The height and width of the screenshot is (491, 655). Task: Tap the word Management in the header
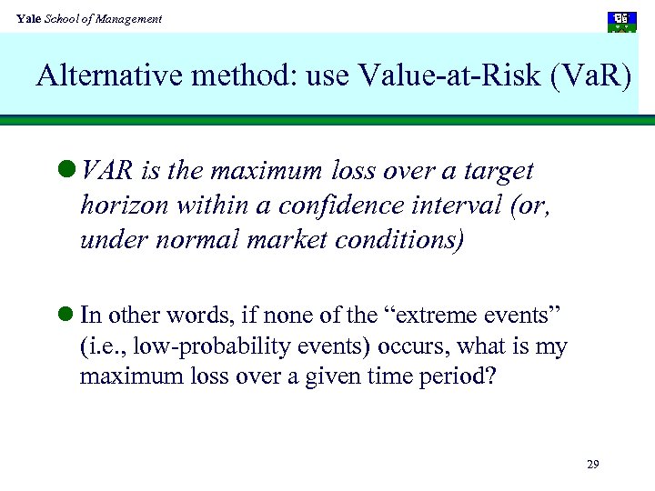tap(131, 18)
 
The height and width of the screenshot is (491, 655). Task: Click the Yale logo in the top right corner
tap(622, 22)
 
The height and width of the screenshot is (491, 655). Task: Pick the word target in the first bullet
tap(499, 171)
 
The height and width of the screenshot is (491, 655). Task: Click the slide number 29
tap(592, 465)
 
